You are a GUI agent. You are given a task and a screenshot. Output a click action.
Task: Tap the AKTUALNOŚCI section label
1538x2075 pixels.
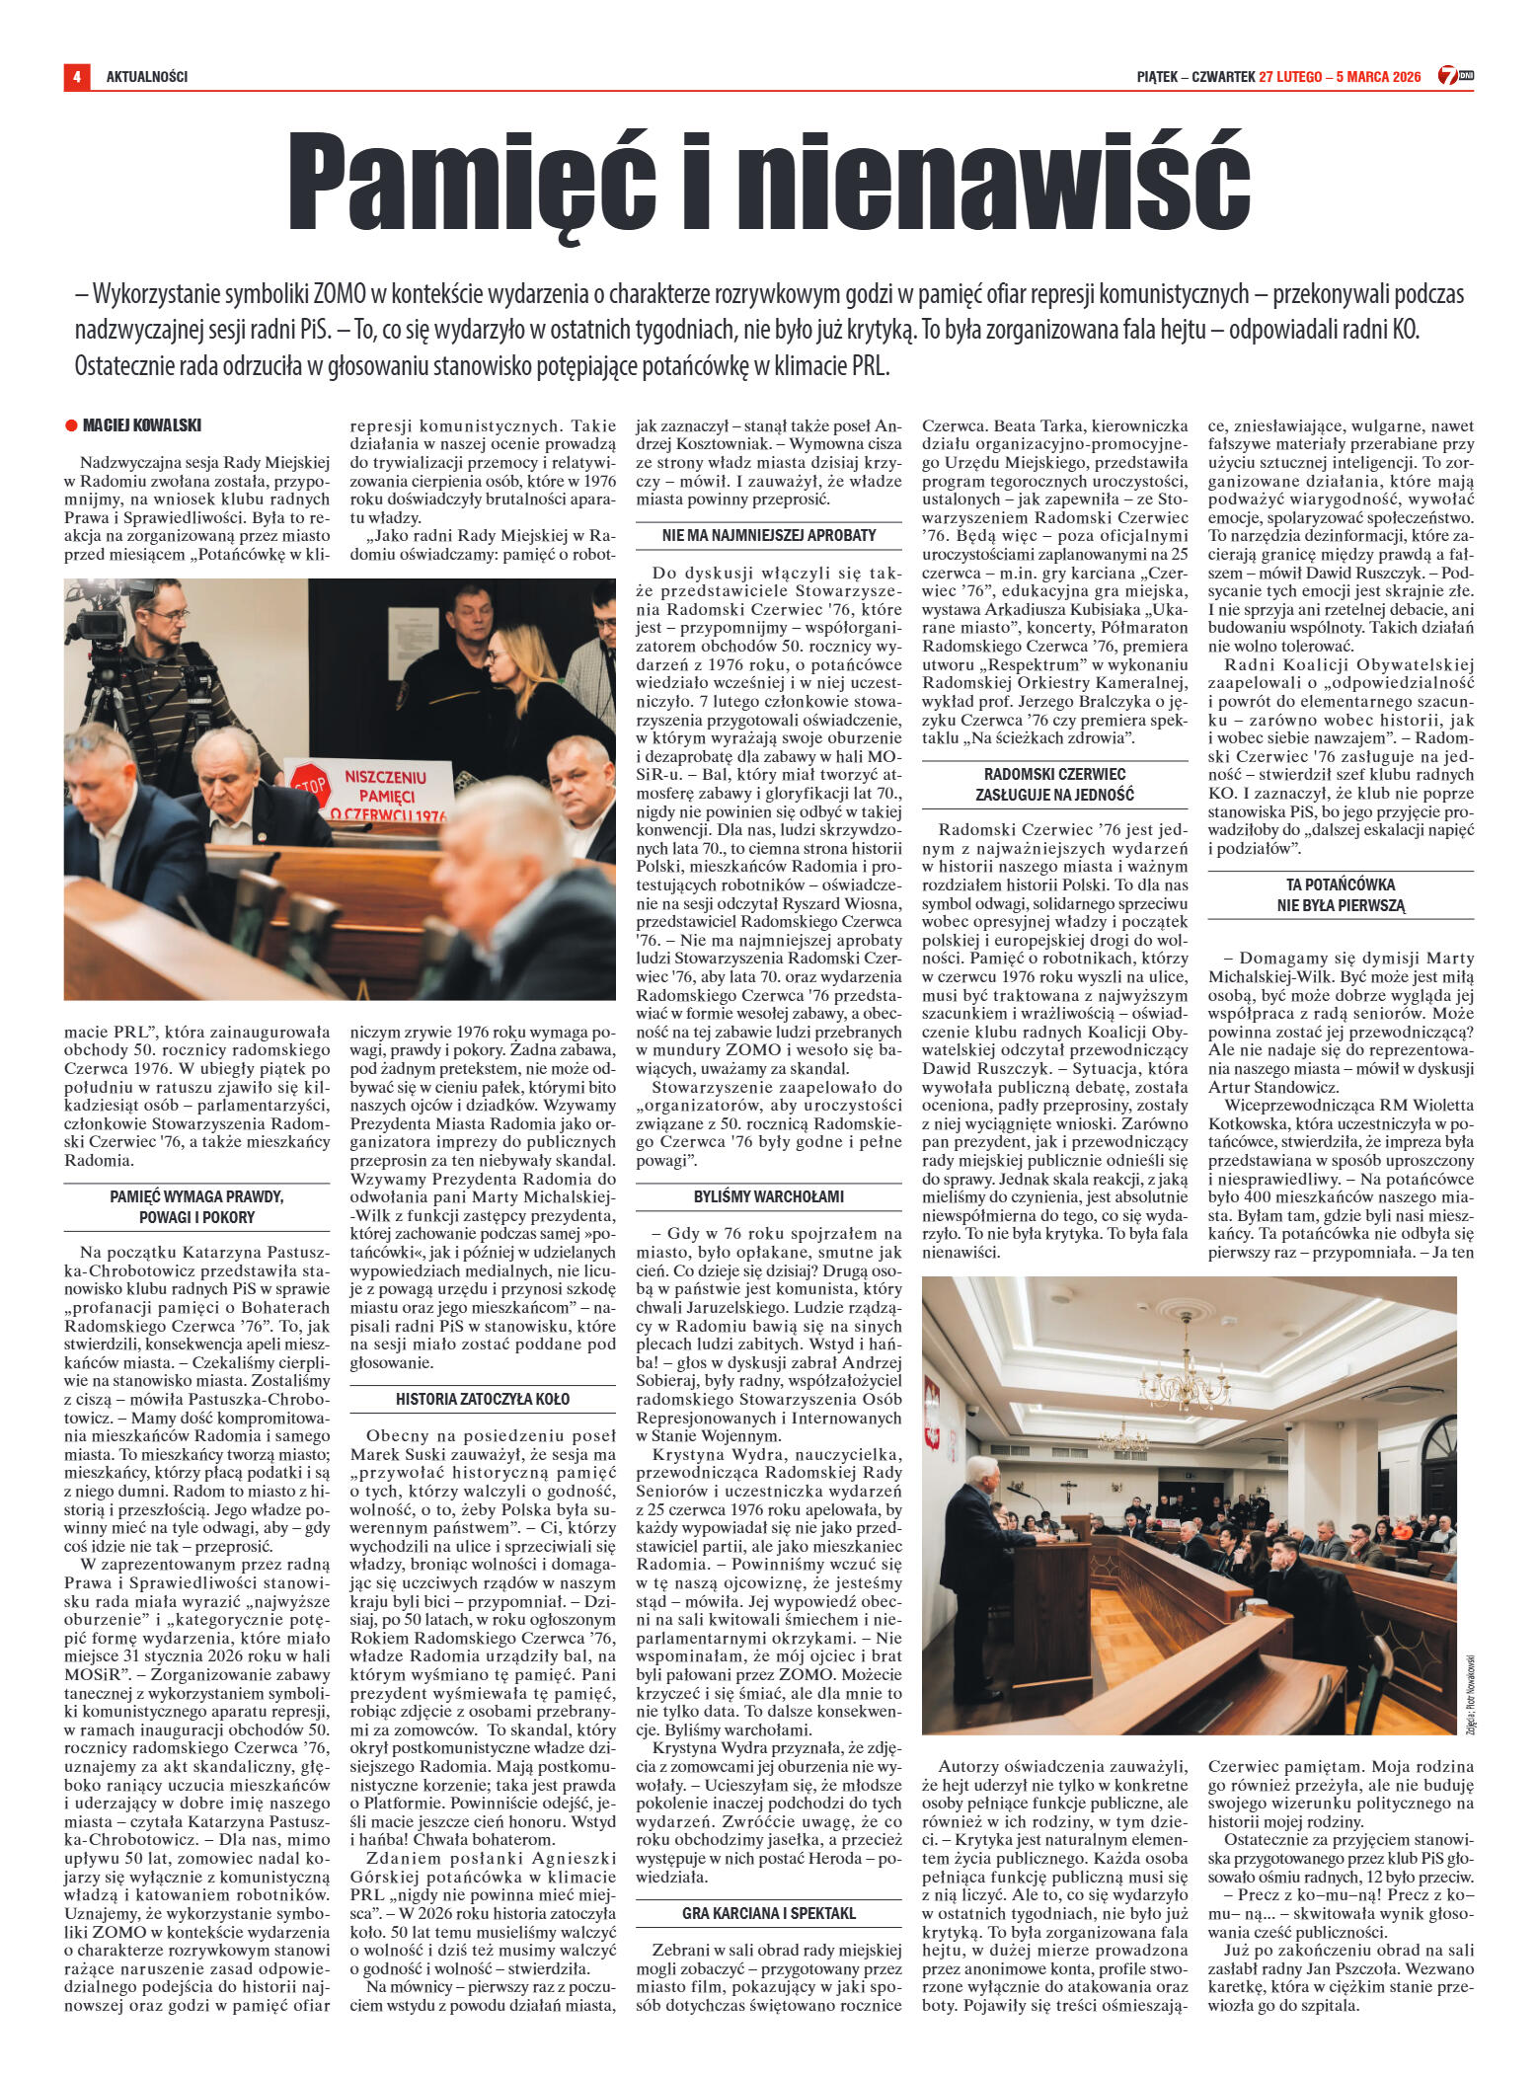pos(146,76)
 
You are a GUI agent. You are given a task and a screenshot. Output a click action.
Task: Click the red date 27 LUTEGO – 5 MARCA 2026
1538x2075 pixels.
pos(1340,76)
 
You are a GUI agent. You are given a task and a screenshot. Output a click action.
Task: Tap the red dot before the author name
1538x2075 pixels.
pos(71,425)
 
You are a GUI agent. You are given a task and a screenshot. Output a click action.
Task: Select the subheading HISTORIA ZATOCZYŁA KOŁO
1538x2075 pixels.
pos(483,1399)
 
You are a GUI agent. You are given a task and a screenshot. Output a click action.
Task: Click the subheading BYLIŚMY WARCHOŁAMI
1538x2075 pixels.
pos(768,1196)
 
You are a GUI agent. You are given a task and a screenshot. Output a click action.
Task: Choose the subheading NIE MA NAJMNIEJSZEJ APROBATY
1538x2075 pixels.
pos(768,536)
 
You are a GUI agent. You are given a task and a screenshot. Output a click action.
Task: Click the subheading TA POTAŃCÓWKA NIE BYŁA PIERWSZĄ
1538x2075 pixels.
pos(1340,894)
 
